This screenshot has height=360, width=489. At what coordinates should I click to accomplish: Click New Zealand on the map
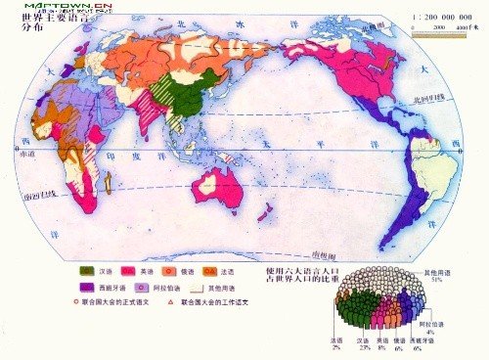[x=263, y=209]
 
